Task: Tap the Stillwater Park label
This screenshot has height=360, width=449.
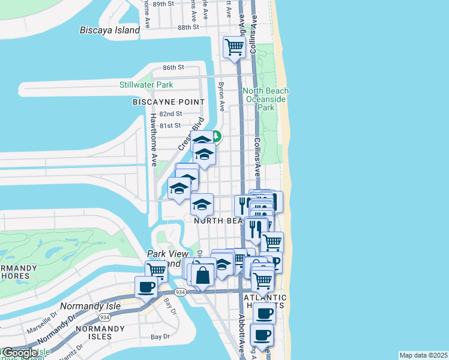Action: point(146,85)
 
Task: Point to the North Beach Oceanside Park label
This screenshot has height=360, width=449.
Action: point(265,99)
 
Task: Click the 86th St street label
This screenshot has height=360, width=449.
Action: point(172,67)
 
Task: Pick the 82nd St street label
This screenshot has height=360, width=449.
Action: point(170,114)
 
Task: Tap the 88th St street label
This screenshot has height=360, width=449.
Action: point(188,28)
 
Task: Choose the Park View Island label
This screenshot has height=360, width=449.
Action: point(163,259)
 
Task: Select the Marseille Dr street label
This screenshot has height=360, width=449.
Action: point(41,328)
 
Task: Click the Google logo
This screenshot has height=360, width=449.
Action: point(19,353)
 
